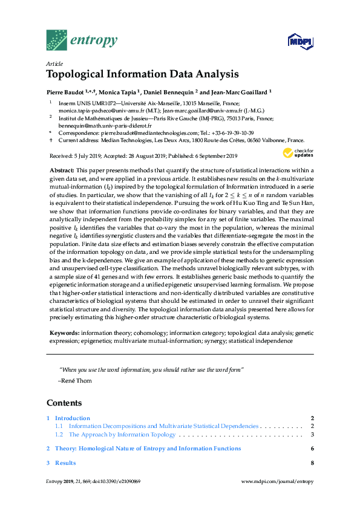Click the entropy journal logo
(81, 41)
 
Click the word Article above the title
(54, 63)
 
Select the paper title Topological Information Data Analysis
(142, 75)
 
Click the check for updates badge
(298, 152)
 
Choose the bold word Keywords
(64, 333)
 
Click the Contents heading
(64, 403)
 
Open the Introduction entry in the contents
(72, 418)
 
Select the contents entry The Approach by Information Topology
(122, 434)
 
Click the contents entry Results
(65, 463)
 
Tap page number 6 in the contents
(312, 449)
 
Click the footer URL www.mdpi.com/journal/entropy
(277, 481)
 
